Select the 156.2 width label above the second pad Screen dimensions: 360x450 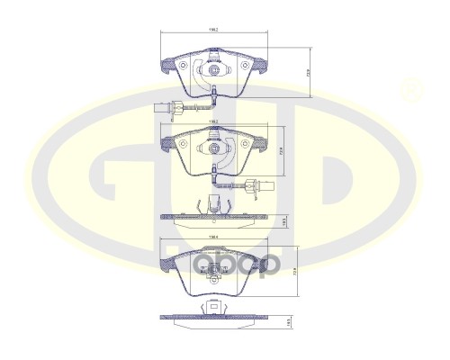pos(213,120)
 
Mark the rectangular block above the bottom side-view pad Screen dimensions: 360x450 pos(214,312)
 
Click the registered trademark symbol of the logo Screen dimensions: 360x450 pos(411,88)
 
